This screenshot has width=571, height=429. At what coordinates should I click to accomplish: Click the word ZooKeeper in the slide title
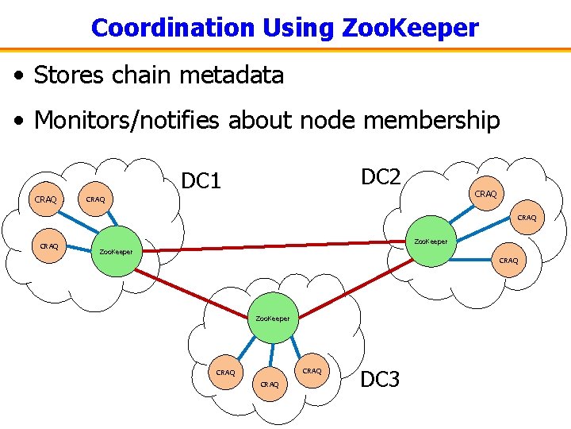click(x=410, y=28)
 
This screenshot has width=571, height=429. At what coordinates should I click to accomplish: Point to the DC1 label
click(x=201, y=182)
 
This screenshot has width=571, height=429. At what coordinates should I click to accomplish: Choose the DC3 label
click(x=381, y=380)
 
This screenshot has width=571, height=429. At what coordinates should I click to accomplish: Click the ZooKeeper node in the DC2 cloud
click(x=431, y=241)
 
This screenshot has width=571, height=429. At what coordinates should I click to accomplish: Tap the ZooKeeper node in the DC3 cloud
click(x=273, y=319)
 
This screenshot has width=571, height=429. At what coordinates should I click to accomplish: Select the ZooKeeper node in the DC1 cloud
click(x=116, y=252)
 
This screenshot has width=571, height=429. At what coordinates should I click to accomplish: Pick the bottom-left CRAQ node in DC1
click(x=49, y=246)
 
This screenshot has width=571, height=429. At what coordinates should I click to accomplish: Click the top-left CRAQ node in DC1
click(x=46, y=199)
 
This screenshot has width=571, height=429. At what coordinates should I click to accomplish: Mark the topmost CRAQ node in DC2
click(x=485, y=194)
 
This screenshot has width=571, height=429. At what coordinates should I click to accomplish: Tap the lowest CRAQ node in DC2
click(x=508, y=261)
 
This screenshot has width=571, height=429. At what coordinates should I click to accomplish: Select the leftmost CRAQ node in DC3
click(x=225, y=372)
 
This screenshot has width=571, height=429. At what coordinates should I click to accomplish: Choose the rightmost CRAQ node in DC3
click(x=312, y=371)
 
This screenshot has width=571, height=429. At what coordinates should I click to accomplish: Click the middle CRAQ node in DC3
click(x=270, y=385)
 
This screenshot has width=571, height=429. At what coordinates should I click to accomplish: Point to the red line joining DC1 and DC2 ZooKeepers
click(x=274, y=246)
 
